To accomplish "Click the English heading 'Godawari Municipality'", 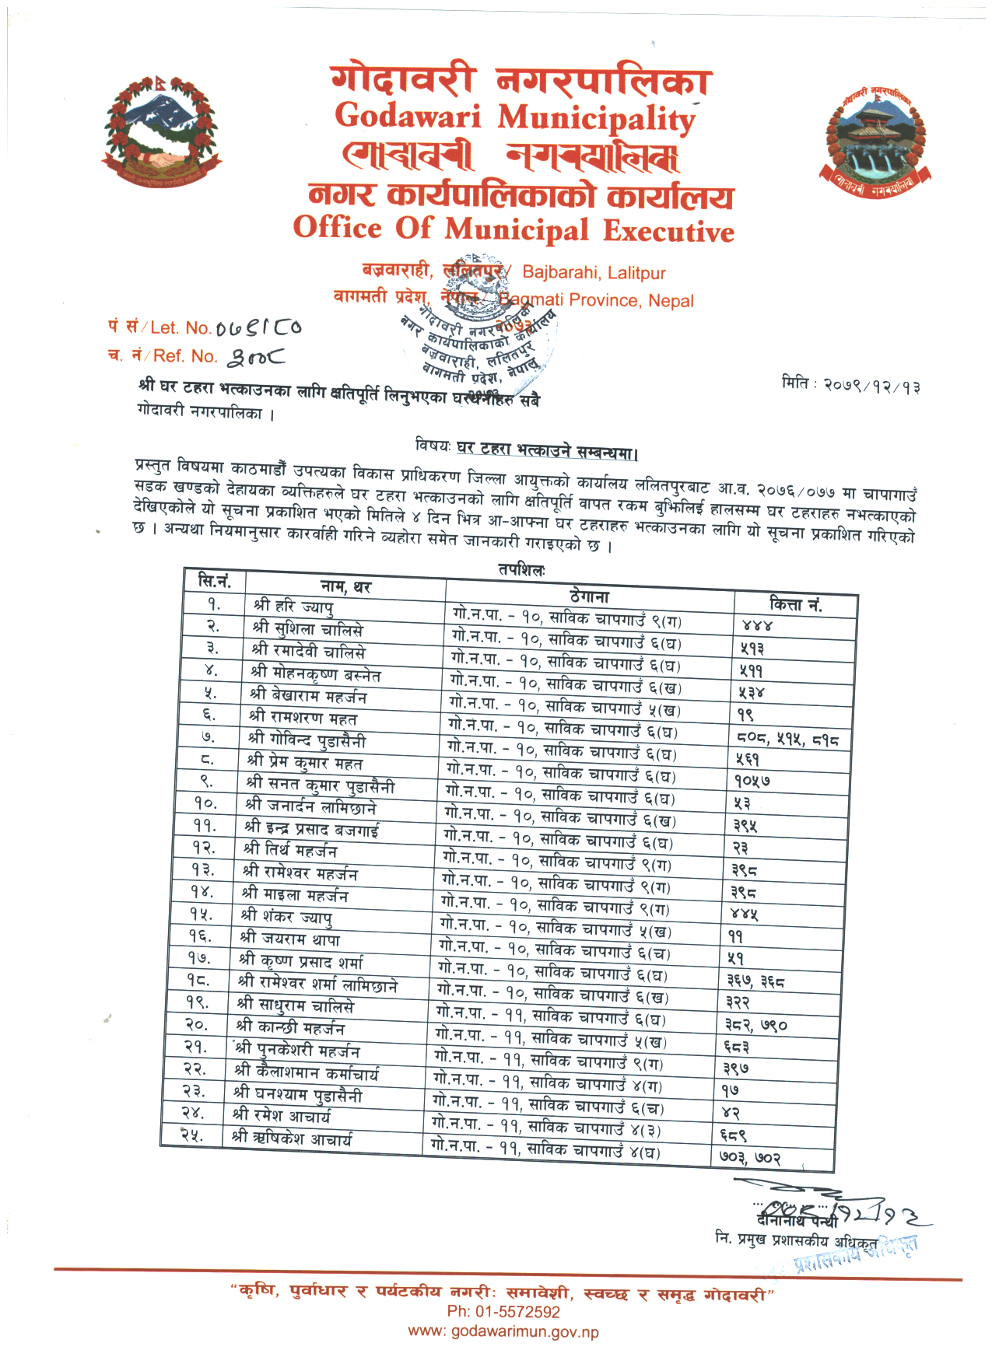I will coord(514,117).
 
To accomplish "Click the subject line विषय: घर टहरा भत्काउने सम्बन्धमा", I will coord(527,449).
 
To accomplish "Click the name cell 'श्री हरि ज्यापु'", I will coord(293,606).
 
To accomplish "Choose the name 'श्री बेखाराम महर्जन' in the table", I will coord(308,694).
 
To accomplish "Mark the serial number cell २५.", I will coord(191,1135).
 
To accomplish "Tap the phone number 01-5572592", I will coord(503,1312).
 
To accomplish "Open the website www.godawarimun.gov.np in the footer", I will coord(503,1332).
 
